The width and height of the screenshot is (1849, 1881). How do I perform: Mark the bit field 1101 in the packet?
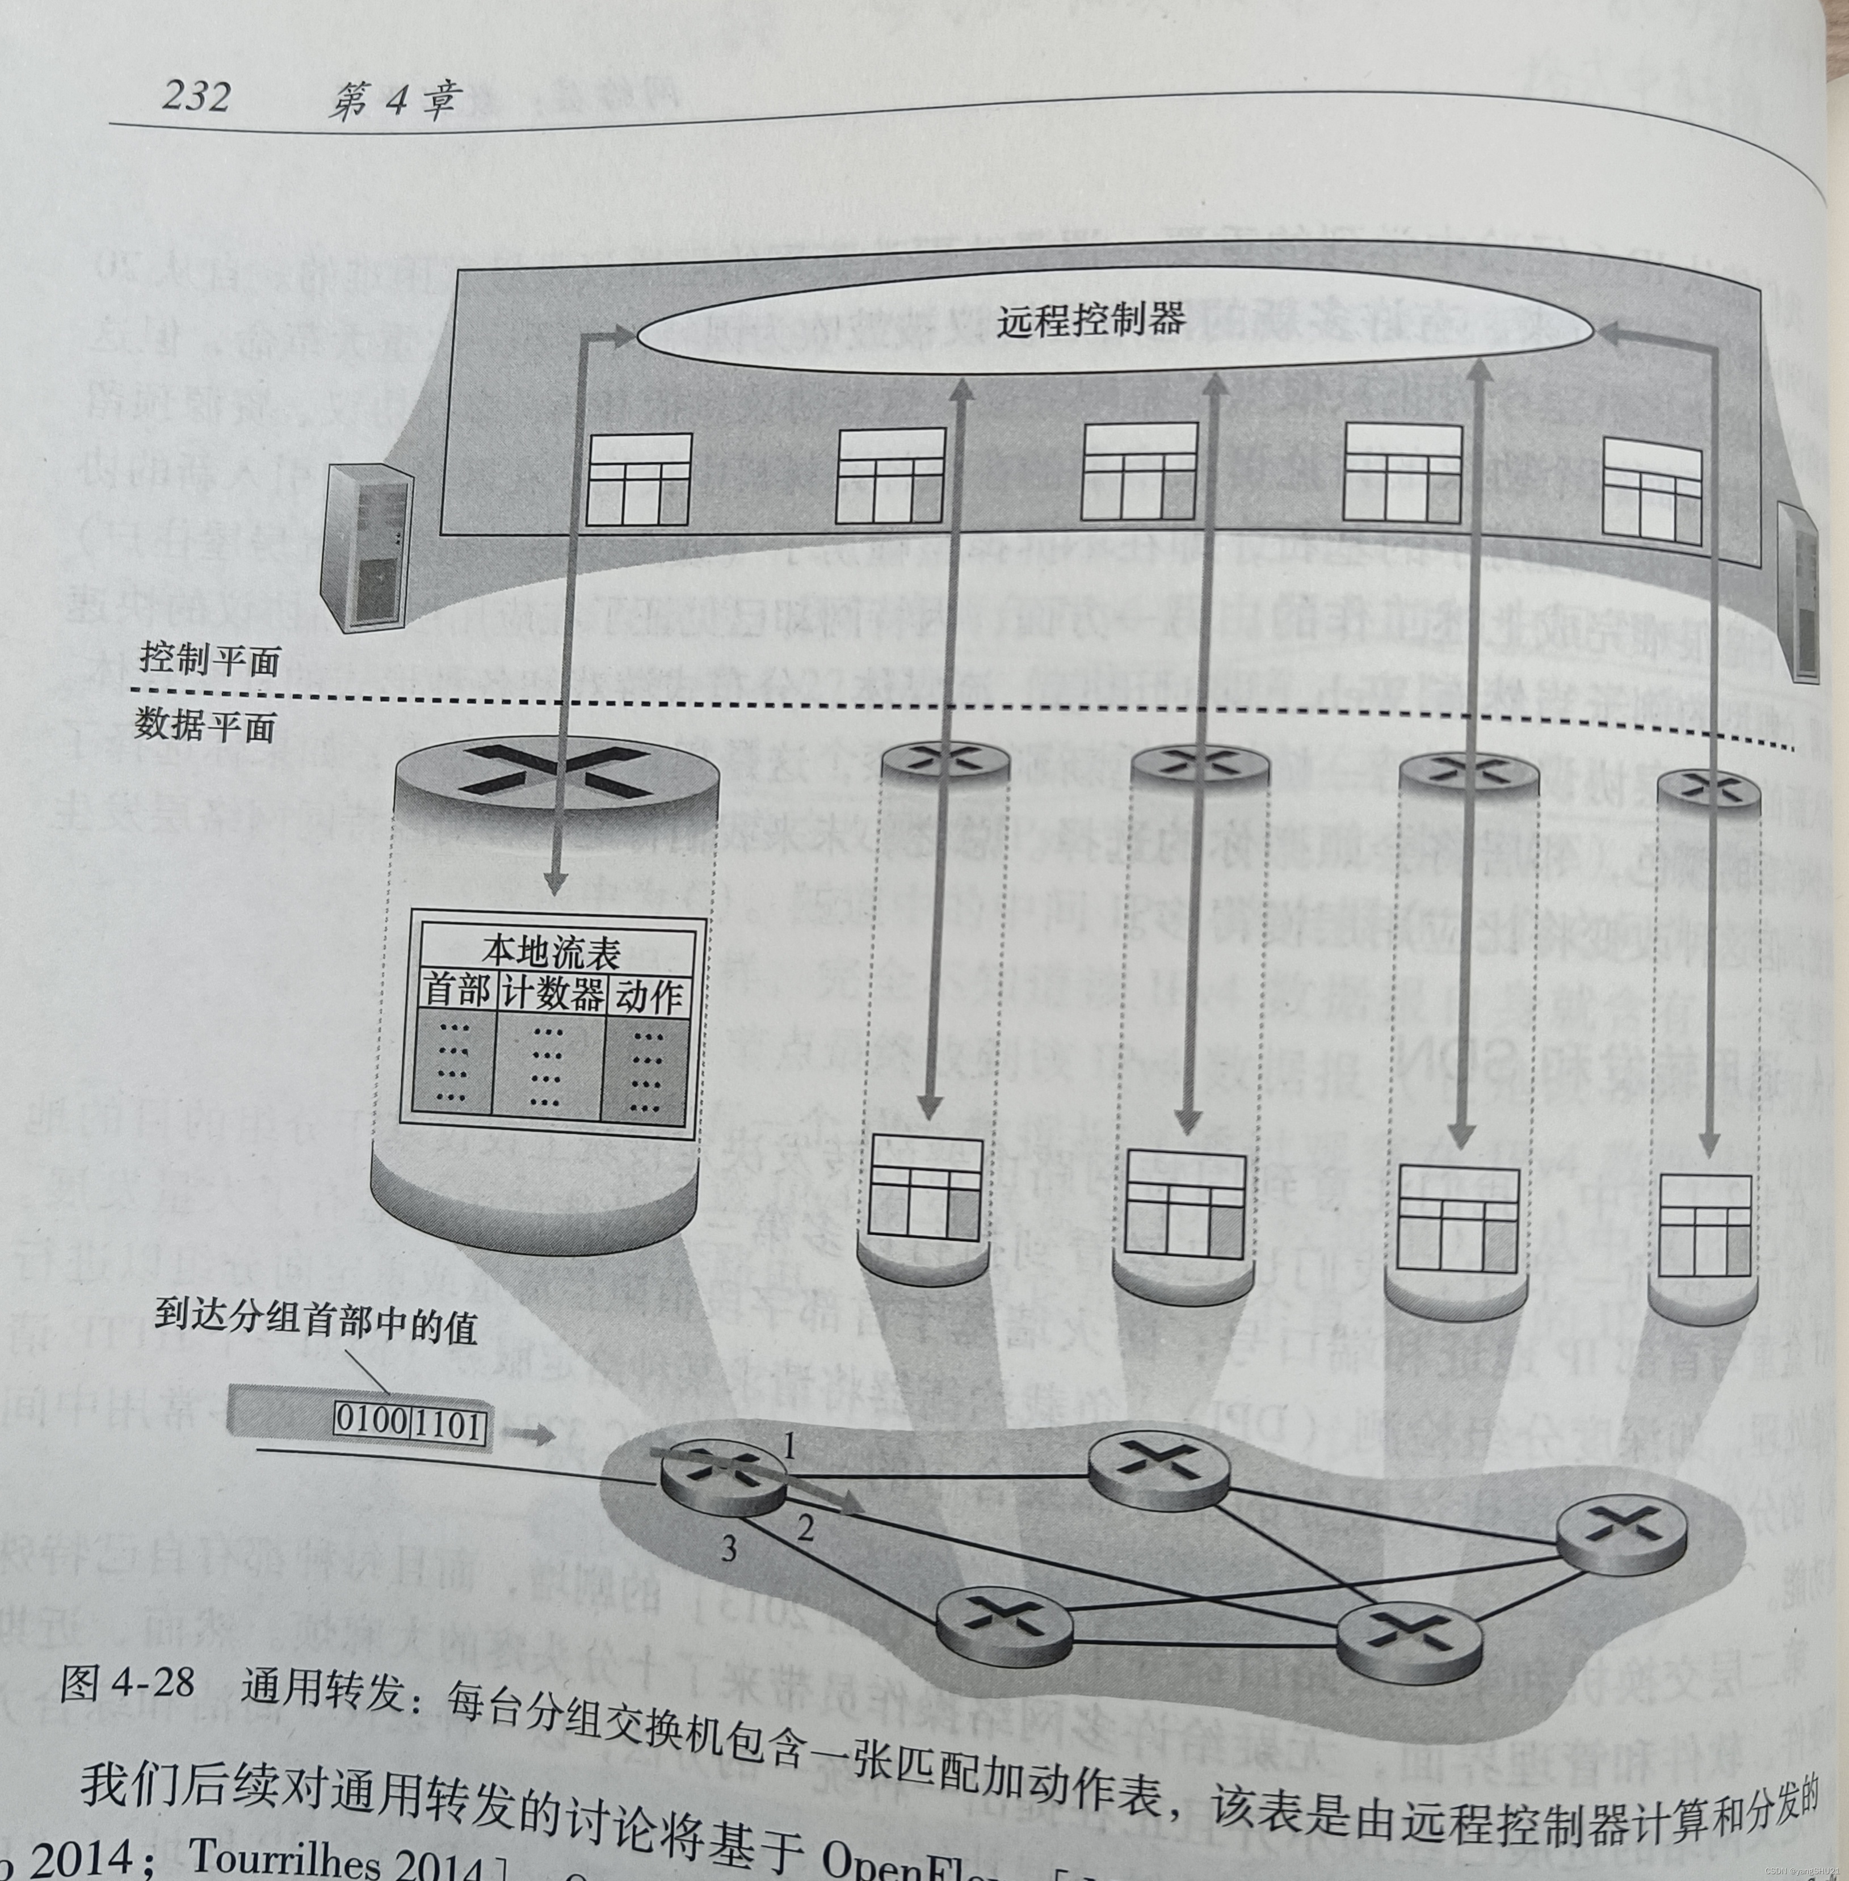pos(448,1425)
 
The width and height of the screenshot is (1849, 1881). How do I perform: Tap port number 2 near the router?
pos(806,1529)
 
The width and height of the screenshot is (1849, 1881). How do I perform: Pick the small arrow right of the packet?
pos(530,1435)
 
